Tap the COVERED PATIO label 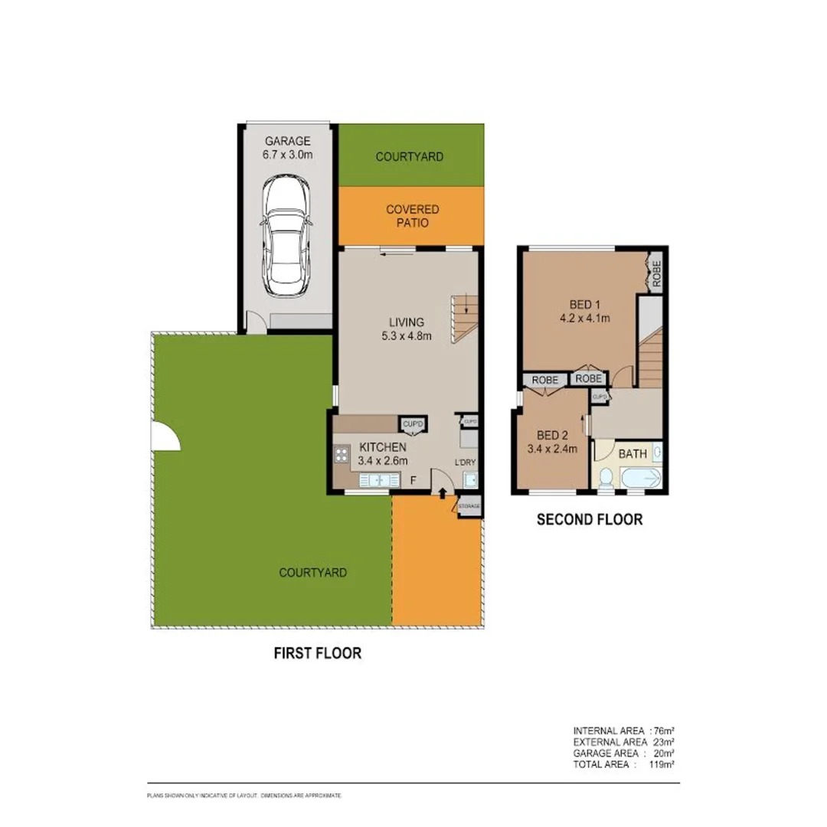pyautogui.click(x=412, y=216)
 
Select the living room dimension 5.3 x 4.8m pyautogui.click(x=405, y=335)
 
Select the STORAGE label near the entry pyautogui.click(x=469, y=506)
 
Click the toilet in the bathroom pyautogui.click(x=606, y=477)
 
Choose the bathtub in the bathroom pyautogui.click(x=640, y=478)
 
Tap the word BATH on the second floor pyautogui.click(x=633, y=454)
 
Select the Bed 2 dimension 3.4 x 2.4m pyautogui.click(x=551, y=449)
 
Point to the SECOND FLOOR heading pyautogui.click(x=589, y=520)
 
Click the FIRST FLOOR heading pyautogui.click(x=317, y=653)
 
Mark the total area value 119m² pyautogui.click(x=661, y=764)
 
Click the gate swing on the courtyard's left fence pyautogui.click(x=165, y=438)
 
